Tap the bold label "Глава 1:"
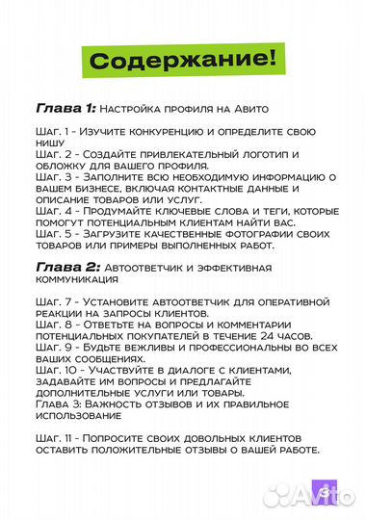tap(65, 106)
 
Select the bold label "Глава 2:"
tap(65, 265)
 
